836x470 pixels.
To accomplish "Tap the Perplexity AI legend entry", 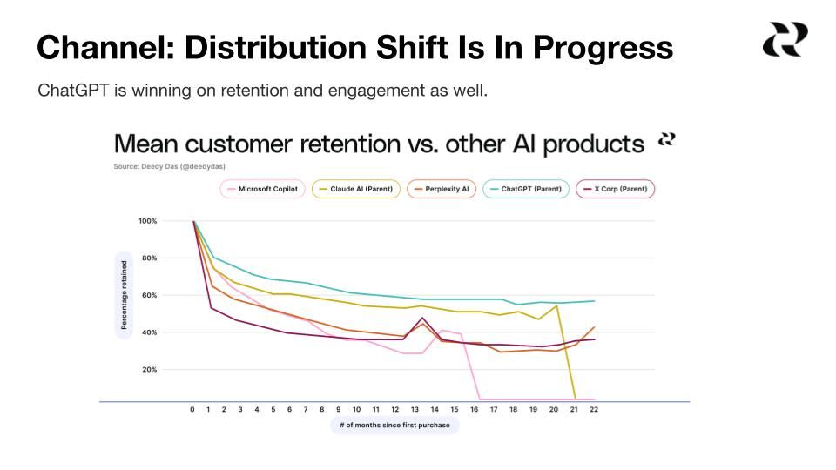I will [x=442, y=189].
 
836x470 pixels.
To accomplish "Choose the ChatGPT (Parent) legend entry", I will [x=526, y=189].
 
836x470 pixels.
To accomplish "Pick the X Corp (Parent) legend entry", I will [x=615, y=189].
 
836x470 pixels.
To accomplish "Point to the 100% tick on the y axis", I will [x=147, y=221].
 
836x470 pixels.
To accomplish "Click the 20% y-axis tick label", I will [x=149, y=370].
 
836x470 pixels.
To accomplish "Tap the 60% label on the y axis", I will [x=149, y=296].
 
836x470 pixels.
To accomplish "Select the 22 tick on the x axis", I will [x=593, y=409].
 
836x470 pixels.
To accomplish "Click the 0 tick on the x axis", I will [x=192, y=409].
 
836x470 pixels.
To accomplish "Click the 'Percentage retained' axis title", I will [x=124, y=295].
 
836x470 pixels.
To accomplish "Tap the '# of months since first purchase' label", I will [x=394, y=426].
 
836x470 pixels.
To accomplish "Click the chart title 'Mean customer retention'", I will [x=379, y=144].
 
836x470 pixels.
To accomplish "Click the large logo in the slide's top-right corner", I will [x=785, y=40].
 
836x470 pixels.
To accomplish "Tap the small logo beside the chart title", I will [x=666, y=139].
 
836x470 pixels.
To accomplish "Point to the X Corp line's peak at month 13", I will [x=421, y=318].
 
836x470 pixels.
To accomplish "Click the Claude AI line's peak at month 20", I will [x=556, y=305].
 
